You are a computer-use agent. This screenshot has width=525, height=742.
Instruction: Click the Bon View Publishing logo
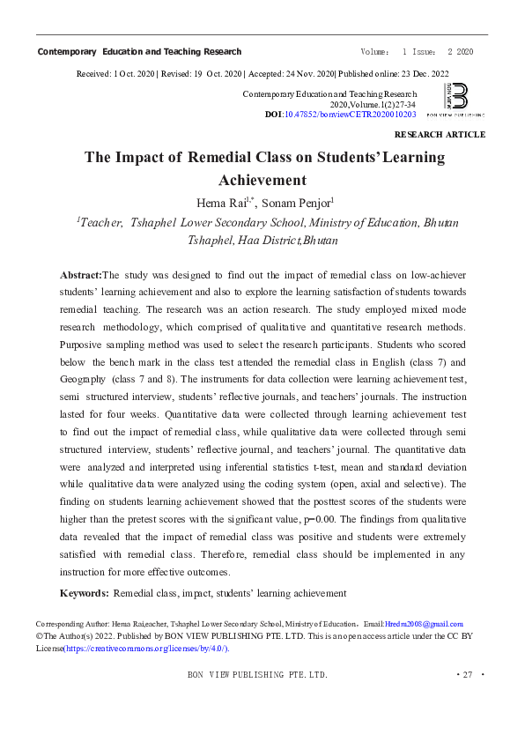pyautogui.click(x=455, y=99)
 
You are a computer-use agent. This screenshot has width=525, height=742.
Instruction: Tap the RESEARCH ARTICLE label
pyautogui.click(x=440, y=135)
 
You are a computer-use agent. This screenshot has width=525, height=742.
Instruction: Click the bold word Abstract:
pyautogui.click(x=81, y=275)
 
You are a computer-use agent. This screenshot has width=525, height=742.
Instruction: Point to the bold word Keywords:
pyautogui.click(x=84, y=593)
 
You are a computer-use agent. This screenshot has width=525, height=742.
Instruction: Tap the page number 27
pyautogui.click(x=467, y=675)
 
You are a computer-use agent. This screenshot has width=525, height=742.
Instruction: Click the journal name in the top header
pyautogui.click(x=139, y=52)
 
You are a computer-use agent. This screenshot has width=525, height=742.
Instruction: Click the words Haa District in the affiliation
pyautogui.click(x=265, y=240)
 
